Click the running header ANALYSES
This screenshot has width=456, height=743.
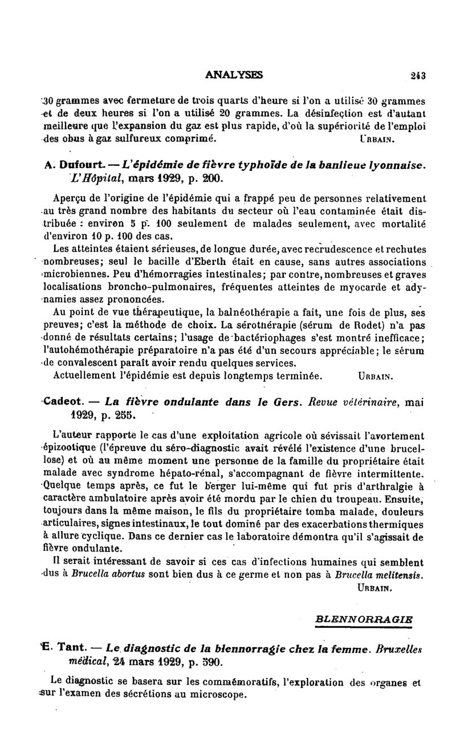234,74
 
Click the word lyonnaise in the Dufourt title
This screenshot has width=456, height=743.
396,165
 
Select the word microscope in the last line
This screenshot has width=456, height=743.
218,695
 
